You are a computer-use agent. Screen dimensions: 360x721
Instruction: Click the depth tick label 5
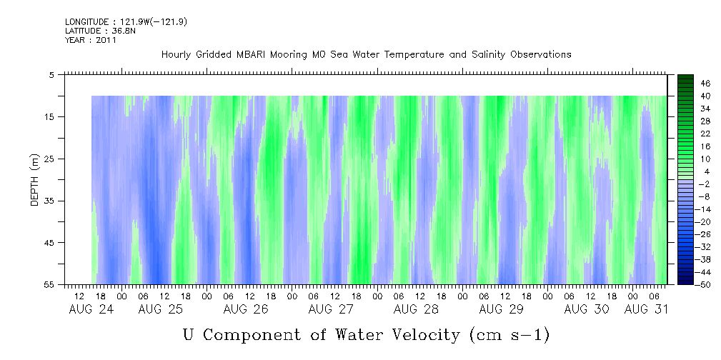[x=52, y=74]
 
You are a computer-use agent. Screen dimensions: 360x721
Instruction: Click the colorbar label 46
[x=705, y=84]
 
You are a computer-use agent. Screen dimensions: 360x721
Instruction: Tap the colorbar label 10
[x=705, y=159]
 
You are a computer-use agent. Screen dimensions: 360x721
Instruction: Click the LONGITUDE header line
[x=126, y=22]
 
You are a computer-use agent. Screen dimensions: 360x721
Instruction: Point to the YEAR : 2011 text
[x=90, y=40]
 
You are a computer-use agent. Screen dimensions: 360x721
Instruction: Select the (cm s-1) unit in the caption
[x=509, y=334]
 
